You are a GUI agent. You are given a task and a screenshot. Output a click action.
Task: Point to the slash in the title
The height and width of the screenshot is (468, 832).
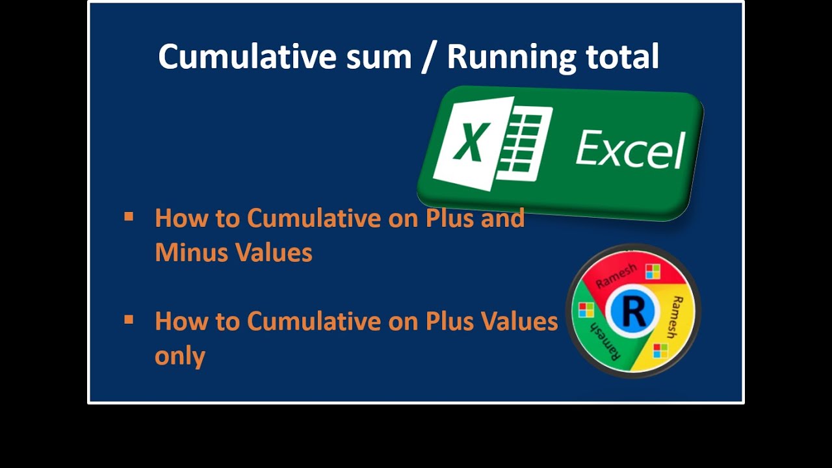(429, 57)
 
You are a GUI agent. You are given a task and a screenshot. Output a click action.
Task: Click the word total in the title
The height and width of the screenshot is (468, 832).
(623, 57)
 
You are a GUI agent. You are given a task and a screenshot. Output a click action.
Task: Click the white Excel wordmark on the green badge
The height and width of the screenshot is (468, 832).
(630, 149)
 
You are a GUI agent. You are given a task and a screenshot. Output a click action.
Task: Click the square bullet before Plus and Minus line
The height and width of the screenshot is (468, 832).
(129, 216)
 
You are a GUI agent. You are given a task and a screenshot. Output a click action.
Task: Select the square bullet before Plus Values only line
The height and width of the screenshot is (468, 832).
(129, 319)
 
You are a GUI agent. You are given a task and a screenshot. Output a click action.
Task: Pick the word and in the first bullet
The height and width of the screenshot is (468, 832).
(502, 218)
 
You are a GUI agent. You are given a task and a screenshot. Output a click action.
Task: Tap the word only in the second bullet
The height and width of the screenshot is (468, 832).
(180, 356)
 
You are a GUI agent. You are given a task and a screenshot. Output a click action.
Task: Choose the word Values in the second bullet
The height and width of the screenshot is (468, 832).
(520, 320)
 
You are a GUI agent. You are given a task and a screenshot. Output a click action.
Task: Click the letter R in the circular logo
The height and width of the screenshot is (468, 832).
(633, 312)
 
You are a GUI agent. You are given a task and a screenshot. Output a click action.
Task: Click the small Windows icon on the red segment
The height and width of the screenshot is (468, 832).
(653, 271)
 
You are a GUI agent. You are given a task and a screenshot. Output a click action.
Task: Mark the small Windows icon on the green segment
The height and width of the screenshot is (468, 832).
(586, 310)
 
